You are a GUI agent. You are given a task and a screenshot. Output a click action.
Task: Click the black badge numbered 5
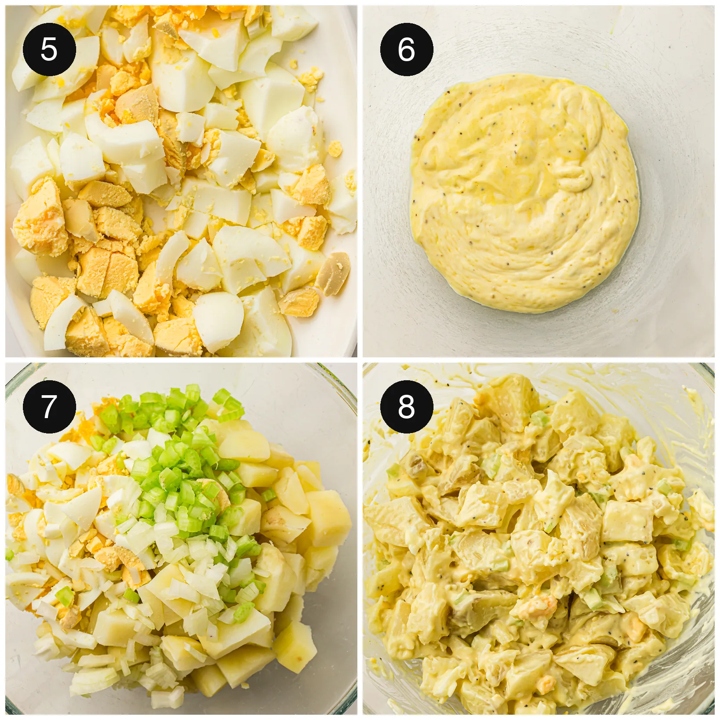[49, 49]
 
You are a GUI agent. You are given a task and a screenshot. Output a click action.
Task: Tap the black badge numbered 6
[407, 49]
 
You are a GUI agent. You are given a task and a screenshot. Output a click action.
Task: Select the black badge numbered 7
[49, 407]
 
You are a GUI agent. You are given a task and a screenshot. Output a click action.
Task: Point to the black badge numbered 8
[407, 407]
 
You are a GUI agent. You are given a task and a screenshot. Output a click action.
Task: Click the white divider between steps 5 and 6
[360, 181]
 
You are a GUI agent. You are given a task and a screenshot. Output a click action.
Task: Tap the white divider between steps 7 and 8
[360, 539]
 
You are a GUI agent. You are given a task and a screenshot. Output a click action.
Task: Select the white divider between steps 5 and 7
[181, 360]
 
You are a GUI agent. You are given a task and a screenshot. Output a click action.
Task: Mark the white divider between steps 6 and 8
[539, 360]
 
